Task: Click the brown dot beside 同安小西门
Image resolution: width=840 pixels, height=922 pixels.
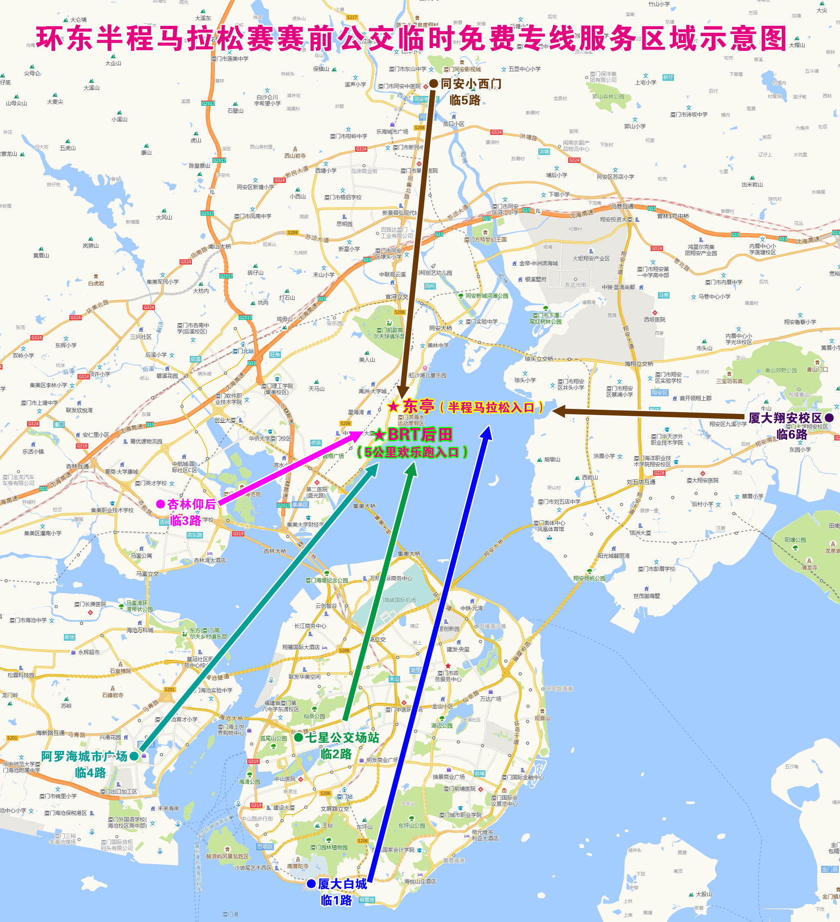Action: (433, 84)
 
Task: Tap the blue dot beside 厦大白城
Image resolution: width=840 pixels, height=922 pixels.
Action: (311, 883)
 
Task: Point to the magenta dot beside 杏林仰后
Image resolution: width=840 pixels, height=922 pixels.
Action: (160, 504)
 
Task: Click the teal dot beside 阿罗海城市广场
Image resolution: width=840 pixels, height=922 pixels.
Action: (134, 756)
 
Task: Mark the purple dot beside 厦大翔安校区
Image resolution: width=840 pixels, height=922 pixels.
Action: (829, 418)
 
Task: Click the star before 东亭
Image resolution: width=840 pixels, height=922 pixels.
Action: (393, 406)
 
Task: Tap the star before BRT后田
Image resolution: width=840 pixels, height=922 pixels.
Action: (379, 434)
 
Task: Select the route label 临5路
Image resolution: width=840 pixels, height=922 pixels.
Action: (465, 100)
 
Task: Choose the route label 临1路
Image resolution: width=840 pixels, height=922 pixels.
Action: (336, 900)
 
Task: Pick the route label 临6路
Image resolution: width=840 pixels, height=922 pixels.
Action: (792, 434)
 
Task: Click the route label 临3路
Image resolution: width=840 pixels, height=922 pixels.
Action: (186, 520)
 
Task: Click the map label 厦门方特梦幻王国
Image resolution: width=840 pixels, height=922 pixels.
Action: (485, 239)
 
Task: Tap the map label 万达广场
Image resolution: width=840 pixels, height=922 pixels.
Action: (490, 698)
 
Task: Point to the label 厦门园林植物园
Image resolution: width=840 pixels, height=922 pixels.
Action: (329, 847)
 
